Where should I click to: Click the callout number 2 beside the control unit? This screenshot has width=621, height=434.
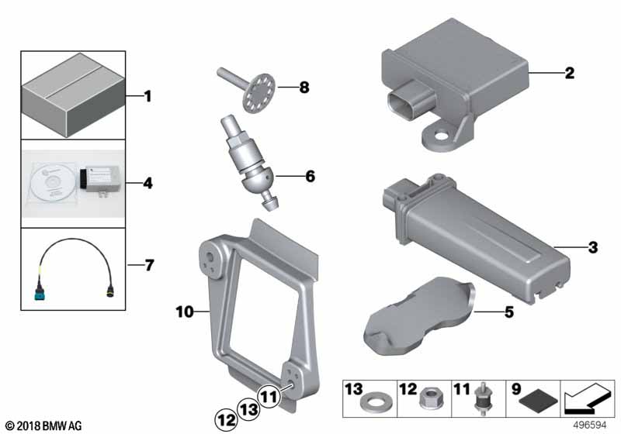coord(569,74)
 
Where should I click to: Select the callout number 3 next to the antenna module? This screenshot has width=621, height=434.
coord(592,248)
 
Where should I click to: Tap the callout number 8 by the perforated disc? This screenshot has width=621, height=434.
coord(304,88)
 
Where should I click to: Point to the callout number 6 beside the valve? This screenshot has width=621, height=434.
coord(310,177)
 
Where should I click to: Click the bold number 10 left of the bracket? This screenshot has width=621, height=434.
coord(184,312)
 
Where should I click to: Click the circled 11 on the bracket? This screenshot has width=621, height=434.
coord(269,396)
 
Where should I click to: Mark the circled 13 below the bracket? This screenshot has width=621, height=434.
coord(248,408)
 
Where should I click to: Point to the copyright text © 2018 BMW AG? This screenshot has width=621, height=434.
coord(43,426)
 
